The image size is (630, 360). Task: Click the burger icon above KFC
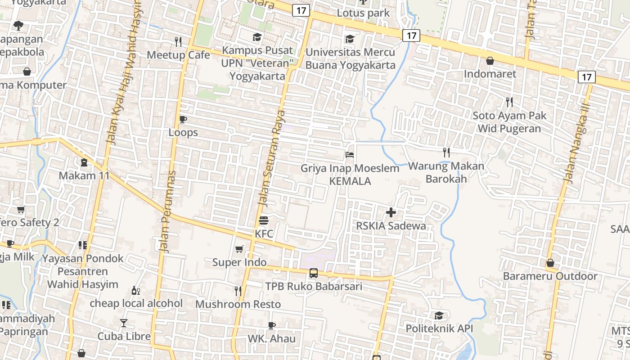click(264, 220)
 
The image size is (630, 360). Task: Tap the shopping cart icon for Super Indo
click(239, 249)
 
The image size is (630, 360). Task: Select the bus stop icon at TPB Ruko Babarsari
click(314, 273)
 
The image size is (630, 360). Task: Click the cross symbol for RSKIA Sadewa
click(391, 212)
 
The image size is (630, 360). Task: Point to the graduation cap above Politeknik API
click(439, 315)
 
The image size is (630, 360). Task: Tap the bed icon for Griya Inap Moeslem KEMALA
click(350, 155)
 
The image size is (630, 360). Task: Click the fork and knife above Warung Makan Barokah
click(446, 152)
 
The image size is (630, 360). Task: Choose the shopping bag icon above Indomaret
click(490, 60)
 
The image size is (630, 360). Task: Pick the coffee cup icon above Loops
click(183, 119)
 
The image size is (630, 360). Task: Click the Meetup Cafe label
click(179, 55)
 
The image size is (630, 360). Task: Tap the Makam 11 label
click(84, 175)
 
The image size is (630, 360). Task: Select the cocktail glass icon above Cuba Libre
click(124, 323)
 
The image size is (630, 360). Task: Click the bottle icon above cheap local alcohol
click(135, 290)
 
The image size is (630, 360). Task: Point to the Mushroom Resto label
click(238, 304)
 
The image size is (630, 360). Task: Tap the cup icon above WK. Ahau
click(271, 325)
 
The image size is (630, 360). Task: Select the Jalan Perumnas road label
click(166, 211)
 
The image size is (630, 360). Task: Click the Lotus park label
click(363, 13)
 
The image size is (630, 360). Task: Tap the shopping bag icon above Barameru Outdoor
click(550, 263)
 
